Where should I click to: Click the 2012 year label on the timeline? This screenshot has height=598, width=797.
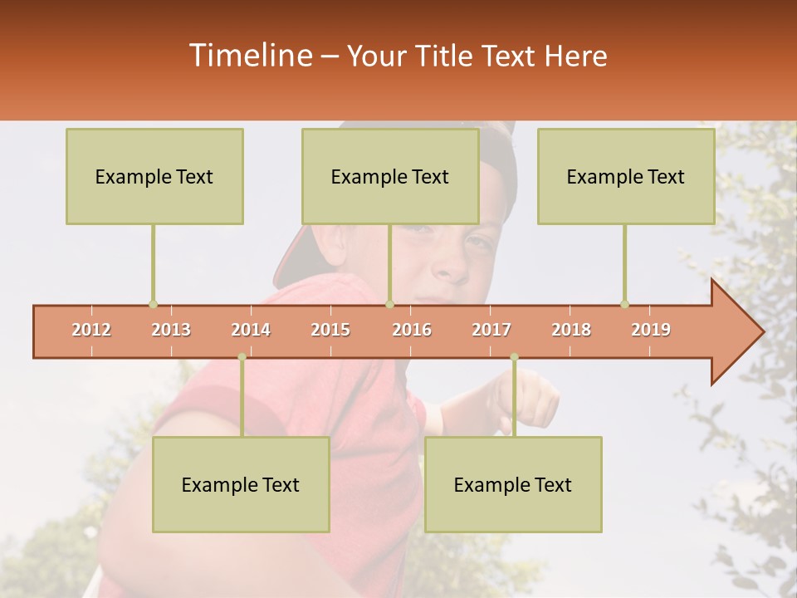coord(91,331)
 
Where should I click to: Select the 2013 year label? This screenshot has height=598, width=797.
coord(171,331)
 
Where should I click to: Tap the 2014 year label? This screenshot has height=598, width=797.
coord(251,331)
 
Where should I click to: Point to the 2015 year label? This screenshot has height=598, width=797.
coord(330,331)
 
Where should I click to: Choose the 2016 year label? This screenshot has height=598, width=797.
coord(412,331)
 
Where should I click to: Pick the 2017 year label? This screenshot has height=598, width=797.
coord(491,331)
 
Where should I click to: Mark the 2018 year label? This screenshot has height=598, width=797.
coord(571,331)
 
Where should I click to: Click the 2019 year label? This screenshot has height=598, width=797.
coord(651,331)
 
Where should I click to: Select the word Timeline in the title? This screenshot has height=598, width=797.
coord(249,56)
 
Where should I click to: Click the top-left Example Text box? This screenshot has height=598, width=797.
coord(154,177)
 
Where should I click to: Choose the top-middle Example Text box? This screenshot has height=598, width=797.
coord(390,177)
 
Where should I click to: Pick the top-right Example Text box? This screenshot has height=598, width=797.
coord(626,177)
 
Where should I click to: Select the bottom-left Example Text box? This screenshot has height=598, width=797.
coord(241,485)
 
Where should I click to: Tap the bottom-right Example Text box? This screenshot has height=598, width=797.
coord(513,485)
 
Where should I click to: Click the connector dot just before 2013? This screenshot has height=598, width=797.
coord(153,304)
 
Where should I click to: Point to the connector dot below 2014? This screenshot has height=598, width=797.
coord(242,357)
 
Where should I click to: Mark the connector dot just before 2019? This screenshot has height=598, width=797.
coord(624,304)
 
